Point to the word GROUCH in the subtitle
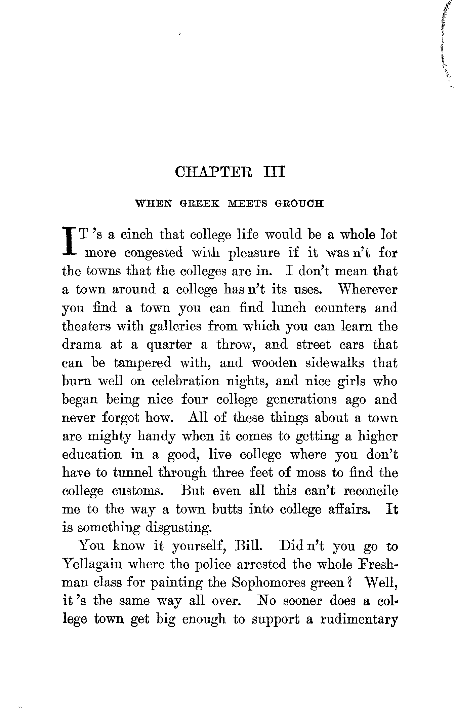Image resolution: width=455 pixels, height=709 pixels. pyautogui.click(x=299, y=204)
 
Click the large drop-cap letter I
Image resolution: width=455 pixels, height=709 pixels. pyautogui.click(x=69, y=243)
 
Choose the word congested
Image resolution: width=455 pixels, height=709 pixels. pyautogui.click(x=154, y=253)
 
